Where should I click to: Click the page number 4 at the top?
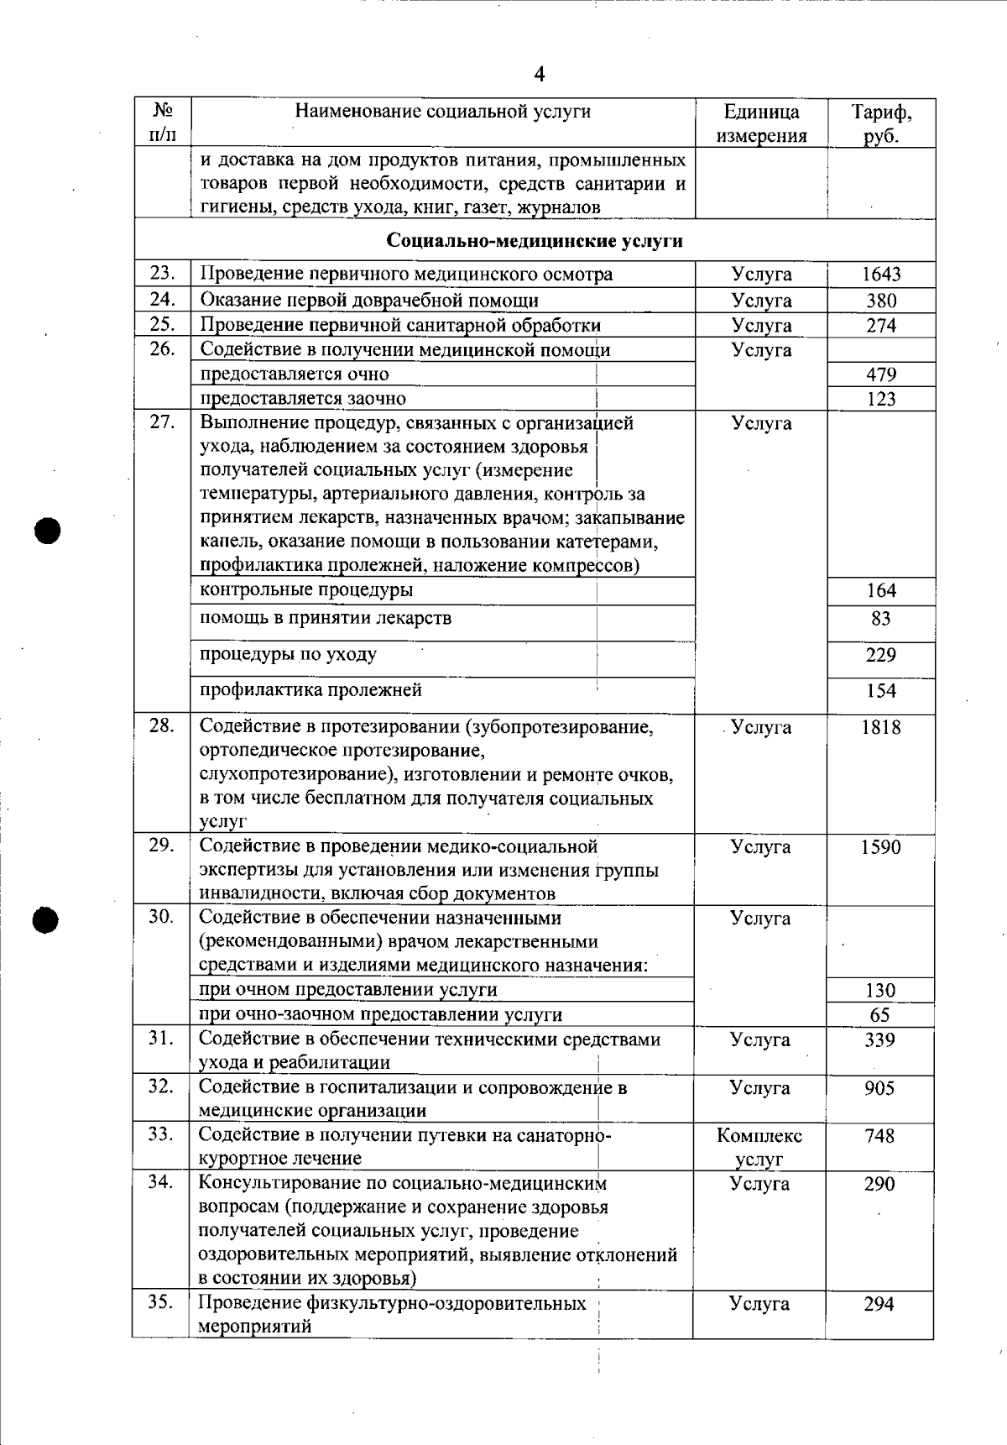[x=540, y=75]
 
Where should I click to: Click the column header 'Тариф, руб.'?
[x=881, y=123]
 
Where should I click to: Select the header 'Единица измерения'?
[x=761, y=123]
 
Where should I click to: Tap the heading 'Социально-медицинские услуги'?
[x=535, y=241]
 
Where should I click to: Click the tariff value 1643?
[x=881, y=275]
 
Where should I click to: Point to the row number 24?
[x=162, y=299]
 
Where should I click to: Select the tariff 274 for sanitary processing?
[x=881, y=325]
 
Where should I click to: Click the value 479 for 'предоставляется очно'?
[x=881, y=374]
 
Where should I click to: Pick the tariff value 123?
[x=881, y=399]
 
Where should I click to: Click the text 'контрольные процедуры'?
[x=306, y=589]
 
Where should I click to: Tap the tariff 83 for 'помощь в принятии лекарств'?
[x=881, y=619]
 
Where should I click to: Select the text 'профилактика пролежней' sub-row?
[x=310, y=690]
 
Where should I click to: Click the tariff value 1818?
[x=880, y=727]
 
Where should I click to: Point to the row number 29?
[x=161, y=846]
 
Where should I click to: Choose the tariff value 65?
[x=879, y=1015]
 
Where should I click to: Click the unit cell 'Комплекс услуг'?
[x=759, y=1147]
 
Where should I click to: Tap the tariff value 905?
[x=879, y=1088]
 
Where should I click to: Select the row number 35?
[x=161, y=1302]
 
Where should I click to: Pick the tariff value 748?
[x=879, y=1136]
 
